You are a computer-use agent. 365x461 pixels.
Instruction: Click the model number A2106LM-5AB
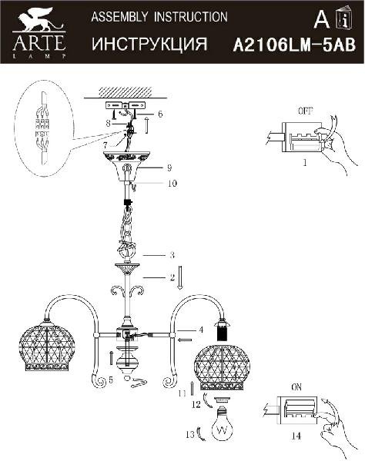294,45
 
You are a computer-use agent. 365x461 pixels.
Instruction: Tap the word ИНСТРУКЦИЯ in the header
149,44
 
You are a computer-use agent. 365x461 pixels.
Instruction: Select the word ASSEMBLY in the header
119,17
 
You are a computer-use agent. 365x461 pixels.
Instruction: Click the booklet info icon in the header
347,17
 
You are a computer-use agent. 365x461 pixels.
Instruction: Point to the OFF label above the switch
306,111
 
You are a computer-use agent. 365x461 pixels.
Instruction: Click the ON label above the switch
296,387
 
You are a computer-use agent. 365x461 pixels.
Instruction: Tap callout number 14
296,436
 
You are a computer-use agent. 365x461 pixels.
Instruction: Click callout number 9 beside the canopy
169,167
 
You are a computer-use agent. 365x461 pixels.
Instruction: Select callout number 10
172,184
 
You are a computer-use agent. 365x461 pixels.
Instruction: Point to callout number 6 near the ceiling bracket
160,114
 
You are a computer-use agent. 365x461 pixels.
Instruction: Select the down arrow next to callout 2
180,277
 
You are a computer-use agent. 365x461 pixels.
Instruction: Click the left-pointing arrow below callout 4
186,340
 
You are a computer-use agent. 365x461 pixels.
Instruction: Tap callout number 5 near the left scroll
110,380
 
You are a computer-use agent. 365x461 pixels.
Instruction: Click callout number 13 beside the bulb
190,433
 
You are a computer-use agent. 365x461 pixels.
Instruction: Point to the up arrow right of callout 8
146,124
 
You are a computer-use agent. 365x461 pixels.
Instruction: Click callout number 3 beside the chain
172,255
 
